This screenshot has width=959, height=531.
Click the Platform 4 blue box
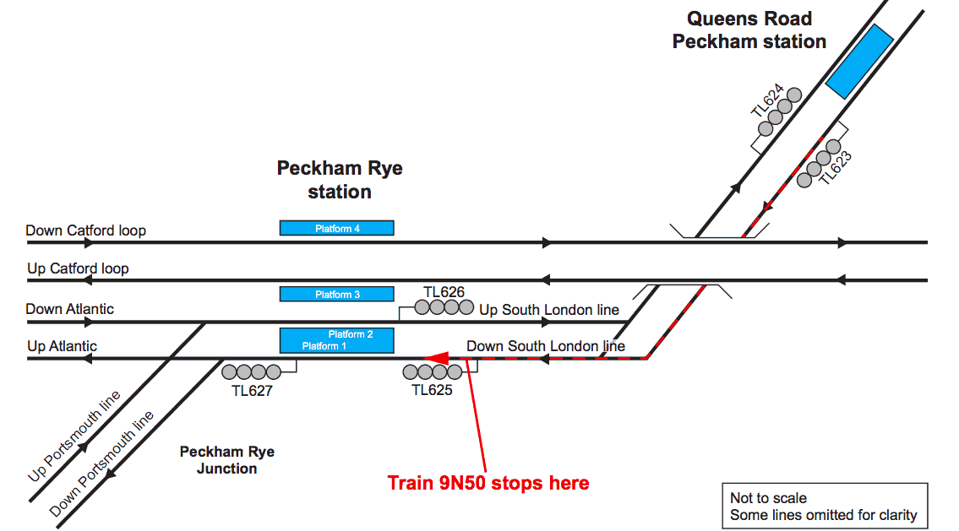pos(336,228)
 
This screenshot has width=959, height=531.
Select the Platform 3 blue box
pos(336,294)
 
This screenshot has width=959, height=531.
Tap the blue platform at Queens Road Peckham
pos(859,61)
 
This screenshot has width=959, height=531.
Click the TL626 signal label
pos(444,292)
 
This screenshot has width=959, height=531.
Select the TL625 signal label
pos(432,390)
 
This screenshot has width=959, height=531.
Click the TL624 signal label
pos(767,100)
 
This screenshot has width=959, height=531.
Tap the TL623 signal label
pos(836,168)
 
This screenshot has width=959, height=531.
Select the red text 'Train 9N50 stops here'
pos(488,483)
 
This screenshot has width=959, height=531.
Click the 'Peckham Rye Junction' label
pos(226,460)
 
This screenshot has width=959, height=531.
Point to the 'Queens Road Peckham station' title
pos(749,30)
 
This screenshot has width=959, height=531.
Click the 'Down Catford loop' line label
pos(85,230)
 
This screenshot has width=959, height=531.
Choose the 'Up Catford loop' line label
pos(78,268)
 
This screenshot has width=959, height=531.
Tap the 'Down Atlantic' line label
pos(69,309)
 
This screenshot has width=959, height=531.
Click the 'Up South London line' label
pos(549,310)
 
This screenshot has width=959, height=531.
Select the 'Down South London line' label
pos(546,346)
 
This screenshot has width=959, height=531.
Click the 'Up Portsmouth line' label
pos(74,436)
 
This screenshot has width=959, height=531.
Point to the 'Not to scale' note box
pos(823,507)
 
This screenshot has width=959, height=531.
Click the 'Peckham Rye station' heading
pos(340,180)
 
